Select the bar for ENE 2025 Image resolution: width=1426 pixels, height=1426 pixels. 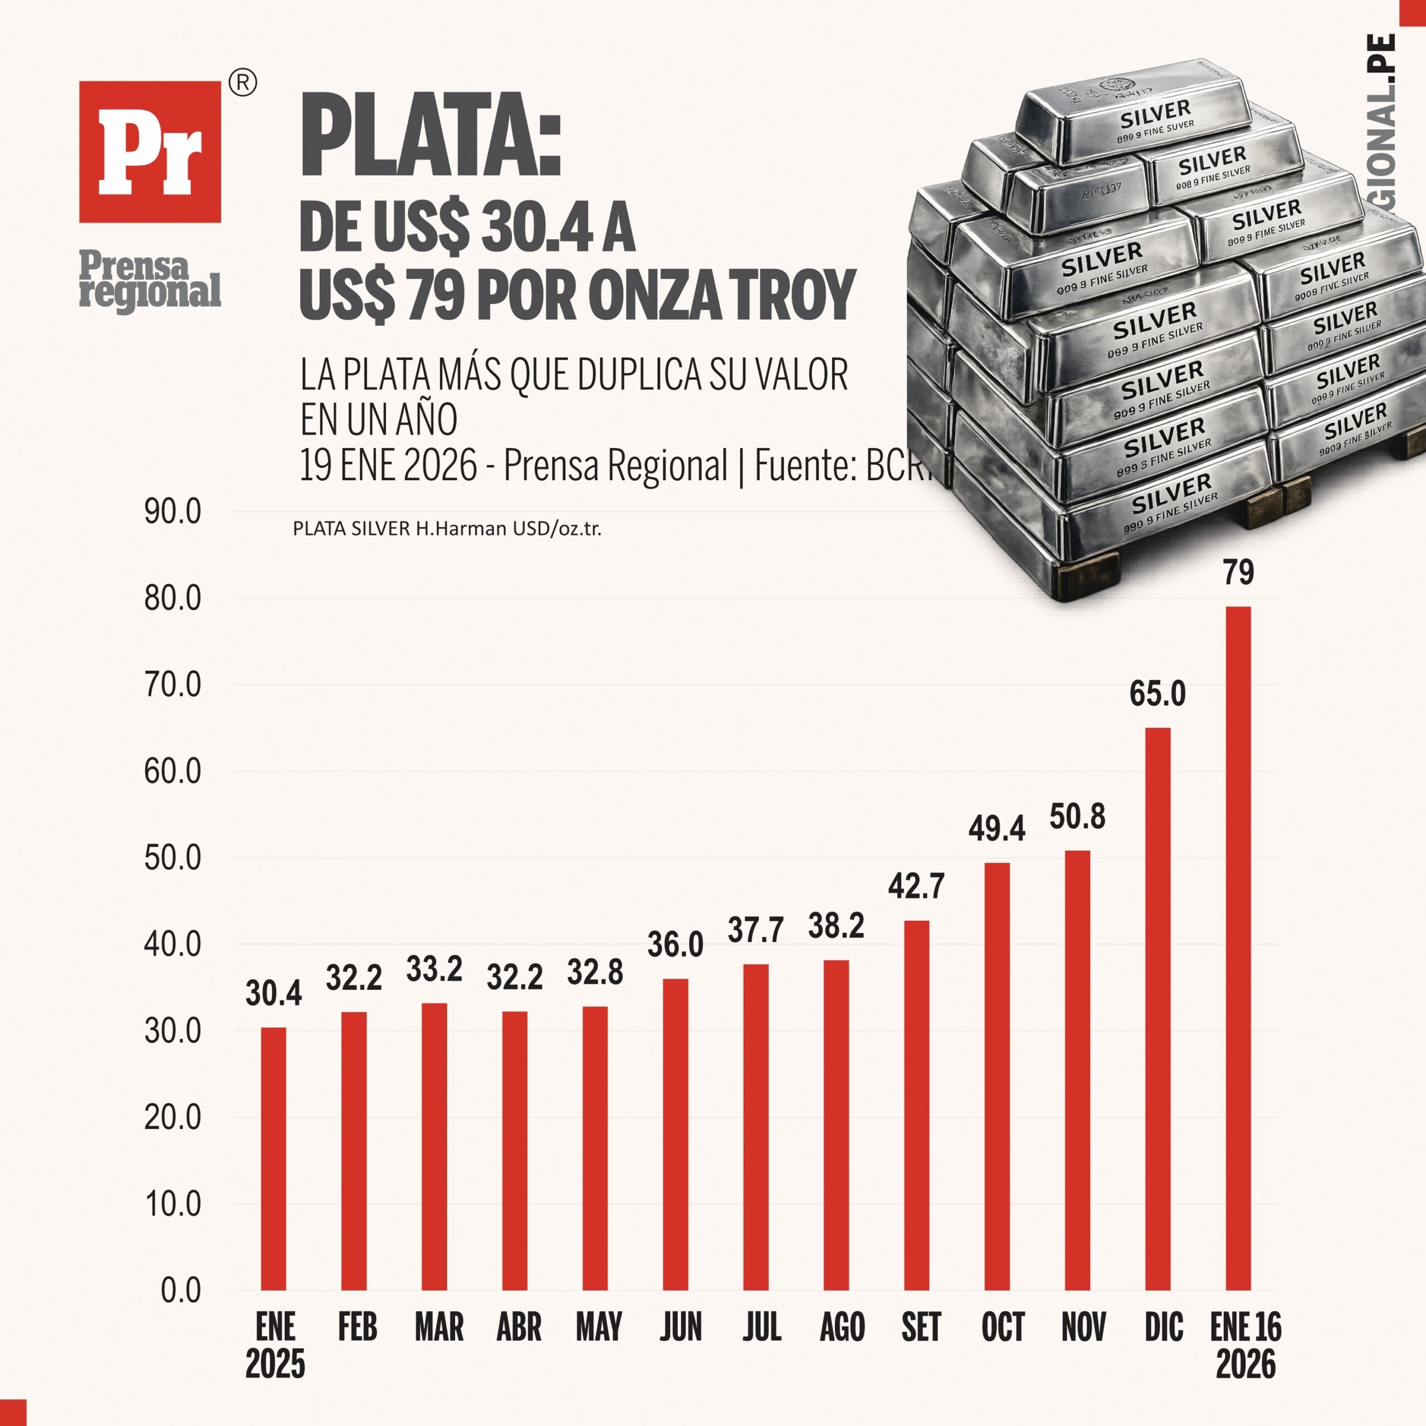273,1159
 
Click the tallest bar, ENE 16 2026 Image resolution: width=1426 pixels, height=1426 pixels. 1238,949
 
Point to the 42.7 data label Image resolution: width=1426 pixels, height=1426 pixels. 916,886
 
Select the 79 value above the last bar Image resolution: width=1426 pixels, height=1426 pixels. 1238,573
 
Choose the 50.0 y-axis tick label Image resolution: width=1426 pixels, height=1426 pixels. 173,858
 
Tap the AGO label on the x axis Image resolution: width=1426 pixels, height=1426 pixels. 842,1327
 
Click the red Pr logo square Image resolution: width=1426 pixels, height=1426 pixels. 150,152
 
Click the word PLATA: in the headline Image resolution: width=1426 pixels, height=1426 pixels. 431,136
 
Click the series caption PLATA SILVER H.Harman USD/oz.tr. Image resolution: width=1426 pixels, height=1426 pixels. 447,529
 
